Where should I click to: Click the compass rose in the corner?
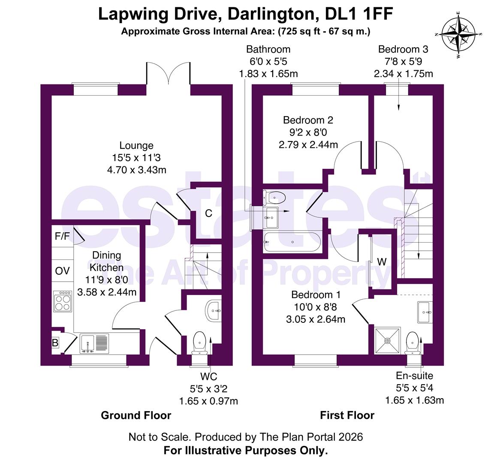coord(459,33)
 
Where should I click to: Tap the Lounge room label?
coord(136,146)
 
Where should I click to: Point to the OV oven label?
coord(62,271)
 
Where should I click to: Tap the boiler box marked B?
coord(55,343)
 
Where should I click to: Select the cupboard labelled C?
coord(208,213)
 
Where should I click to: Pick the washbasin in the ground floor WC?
coord(214,311)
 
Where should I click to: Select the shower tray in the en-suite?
coord(388,341)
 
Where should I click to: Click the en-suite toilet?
coord(413,342)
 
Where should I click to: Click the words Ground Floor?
coord(136,415)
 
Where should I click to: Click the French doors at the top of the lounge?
coord(169,73)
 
